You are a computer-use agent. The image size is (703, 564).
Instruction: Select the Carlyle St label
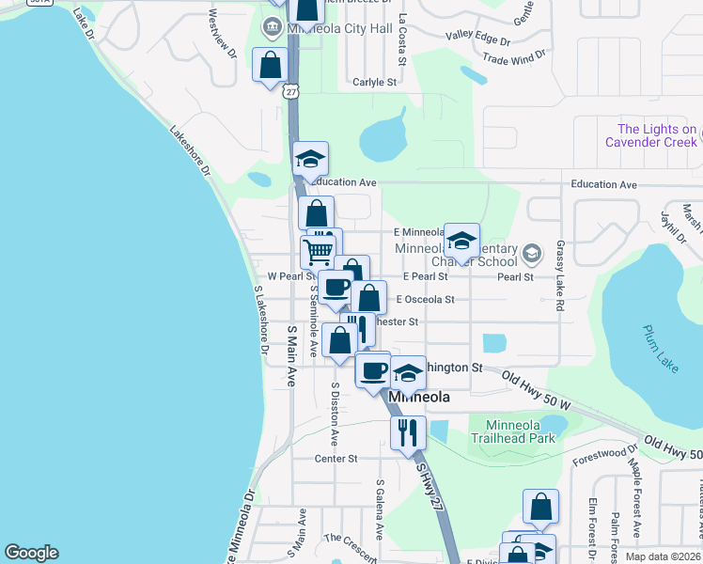click(375, 83)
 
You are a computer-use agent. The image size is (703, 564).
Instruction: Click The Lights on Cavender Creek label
click(657, 135)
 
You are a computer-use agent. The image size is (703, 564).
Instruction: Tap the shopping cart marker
click(318, 251)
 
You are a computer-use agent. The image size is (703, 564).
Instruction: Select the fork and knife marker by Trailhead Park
click(407, 432)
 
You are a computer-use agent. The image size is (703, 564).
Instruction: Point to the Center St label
click(336, 459)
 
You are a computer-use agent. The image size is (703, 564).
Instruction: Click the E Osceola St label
click(426, 300)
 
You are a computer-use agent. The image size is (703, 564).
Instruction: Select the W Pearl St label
click(289, 277)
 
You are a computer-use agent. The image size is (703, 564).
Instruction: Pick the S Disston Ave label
click(334, 414)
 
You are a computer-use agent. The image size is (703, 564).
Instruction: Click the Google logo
click(31, 553)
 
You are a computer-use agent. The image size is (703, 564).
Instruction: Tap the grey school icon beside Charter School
click(531, 254)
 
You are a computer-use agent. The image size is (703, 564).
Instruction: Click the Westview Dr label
click(223, 34)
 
